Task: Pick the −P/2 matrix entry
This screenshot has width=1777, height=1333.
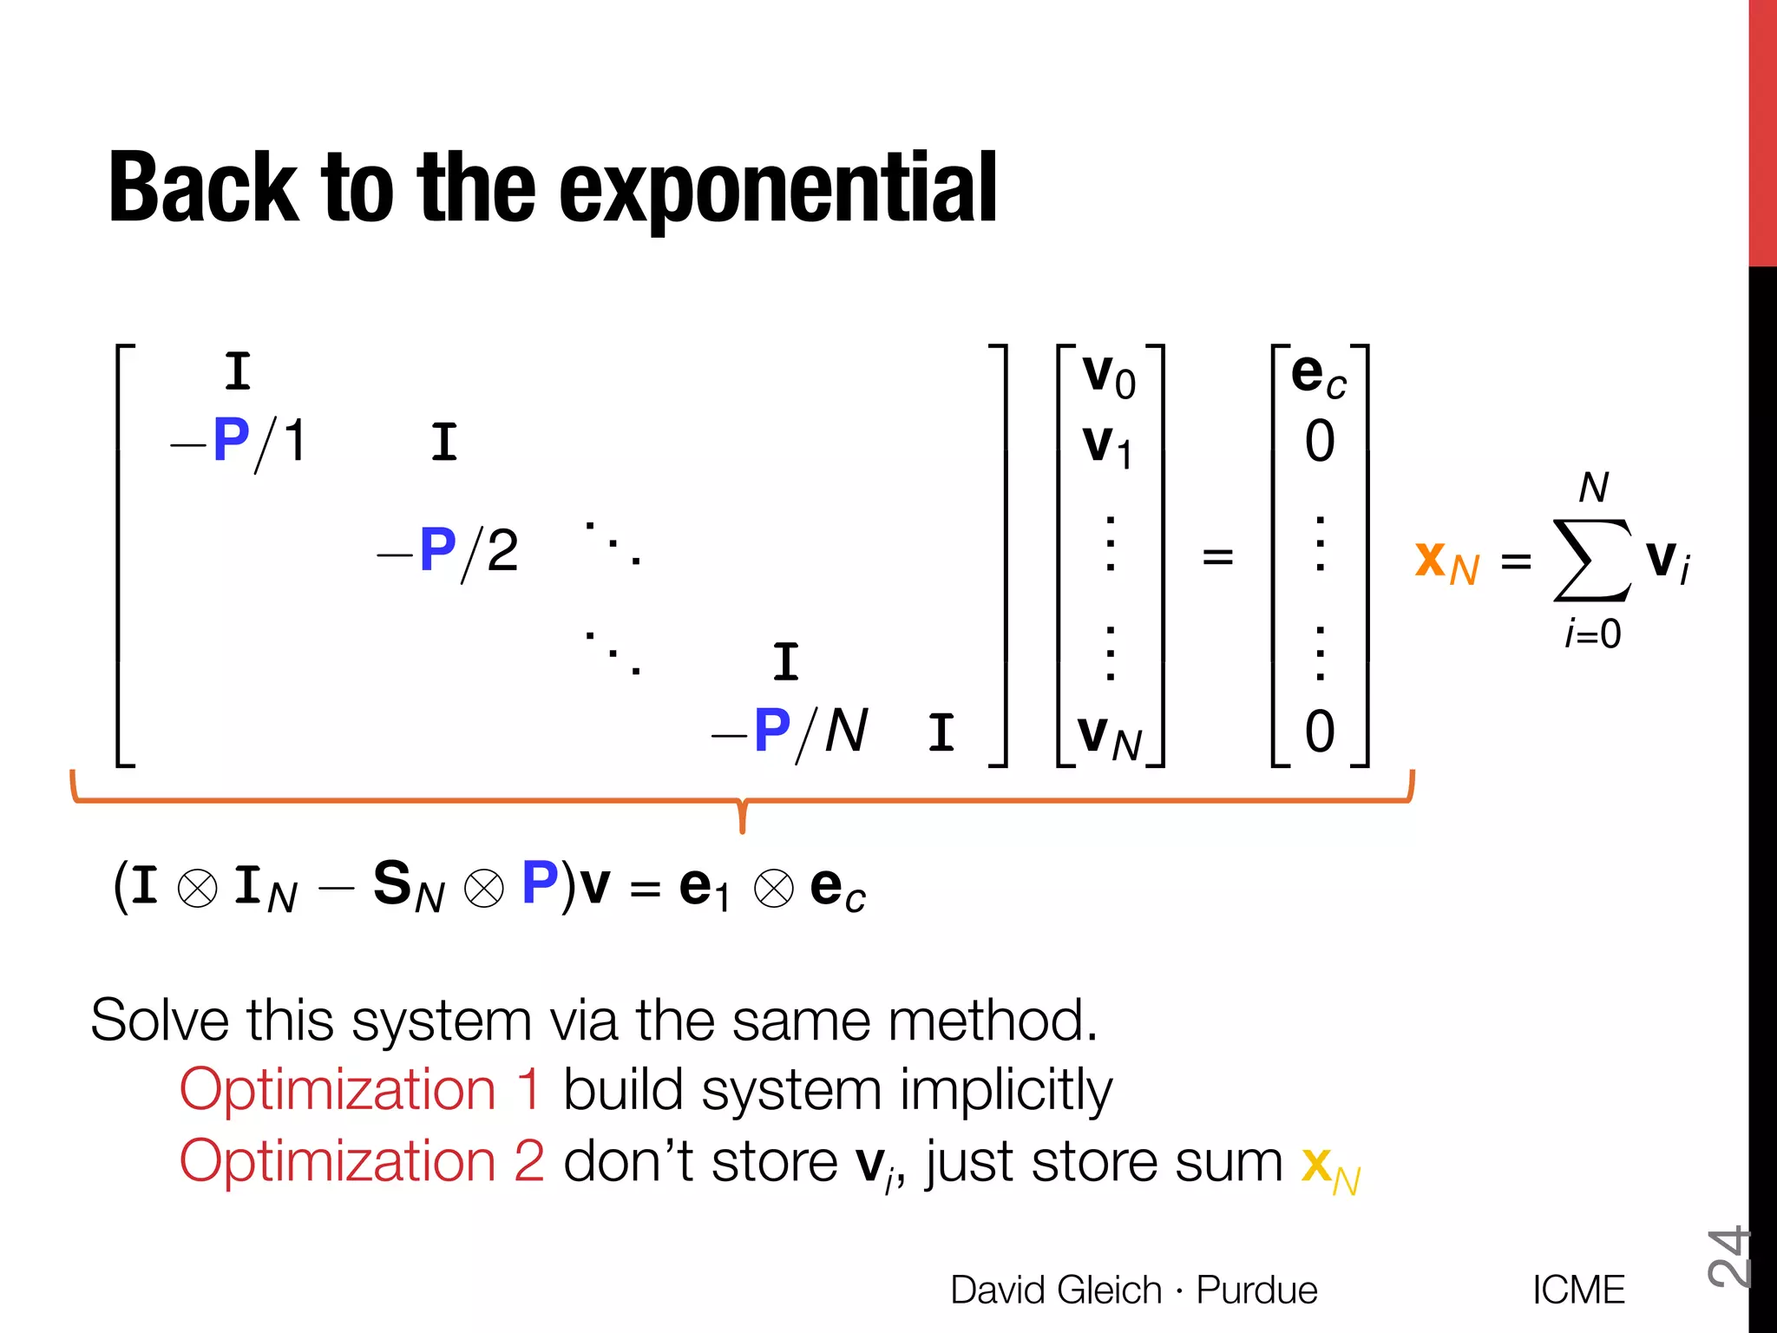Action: point(449,550)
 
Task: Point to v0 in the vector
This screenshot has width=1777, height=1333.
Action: point(1108,377)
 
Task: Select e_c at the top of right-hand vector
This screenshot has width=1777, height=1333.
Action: point(1318,375)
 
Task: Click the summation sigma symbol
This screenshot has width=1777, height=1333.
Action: point(1591,561)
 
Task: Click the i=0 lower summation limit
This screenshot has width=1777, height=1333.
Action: point(1592,634)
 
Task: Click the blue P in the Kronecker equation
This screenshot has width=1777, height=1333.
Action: point(540,883)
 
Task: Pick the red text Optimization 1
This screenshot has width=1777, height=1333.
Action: point(360,1089)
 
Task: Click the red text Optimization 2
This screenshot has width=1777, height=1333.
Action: point(361,1160)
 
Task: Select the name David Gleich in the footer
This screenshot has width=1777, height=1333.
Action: point(1055,1290)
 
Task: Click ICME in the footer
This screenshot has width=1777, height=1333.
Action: point(1578,1290)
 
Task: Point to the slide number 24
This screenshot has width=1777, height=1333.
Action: point(1728,1257)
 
